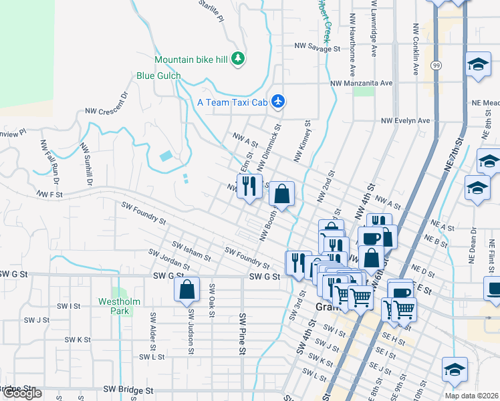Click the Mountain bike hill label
tap(191, 59)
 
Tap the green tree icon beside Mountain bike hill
tap(237, 59)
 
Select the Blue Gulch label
tap(158, 76)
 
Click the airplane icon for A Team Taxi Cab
tap(279, 102)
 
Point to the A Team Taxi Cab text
tap(232, 102)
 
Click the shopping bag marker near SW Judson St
tap(187, 289)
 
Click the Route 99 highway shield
tap(436, 65)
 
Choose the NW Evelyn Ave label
tap(405, 121)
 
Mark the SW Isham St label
tap(191, 251)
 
